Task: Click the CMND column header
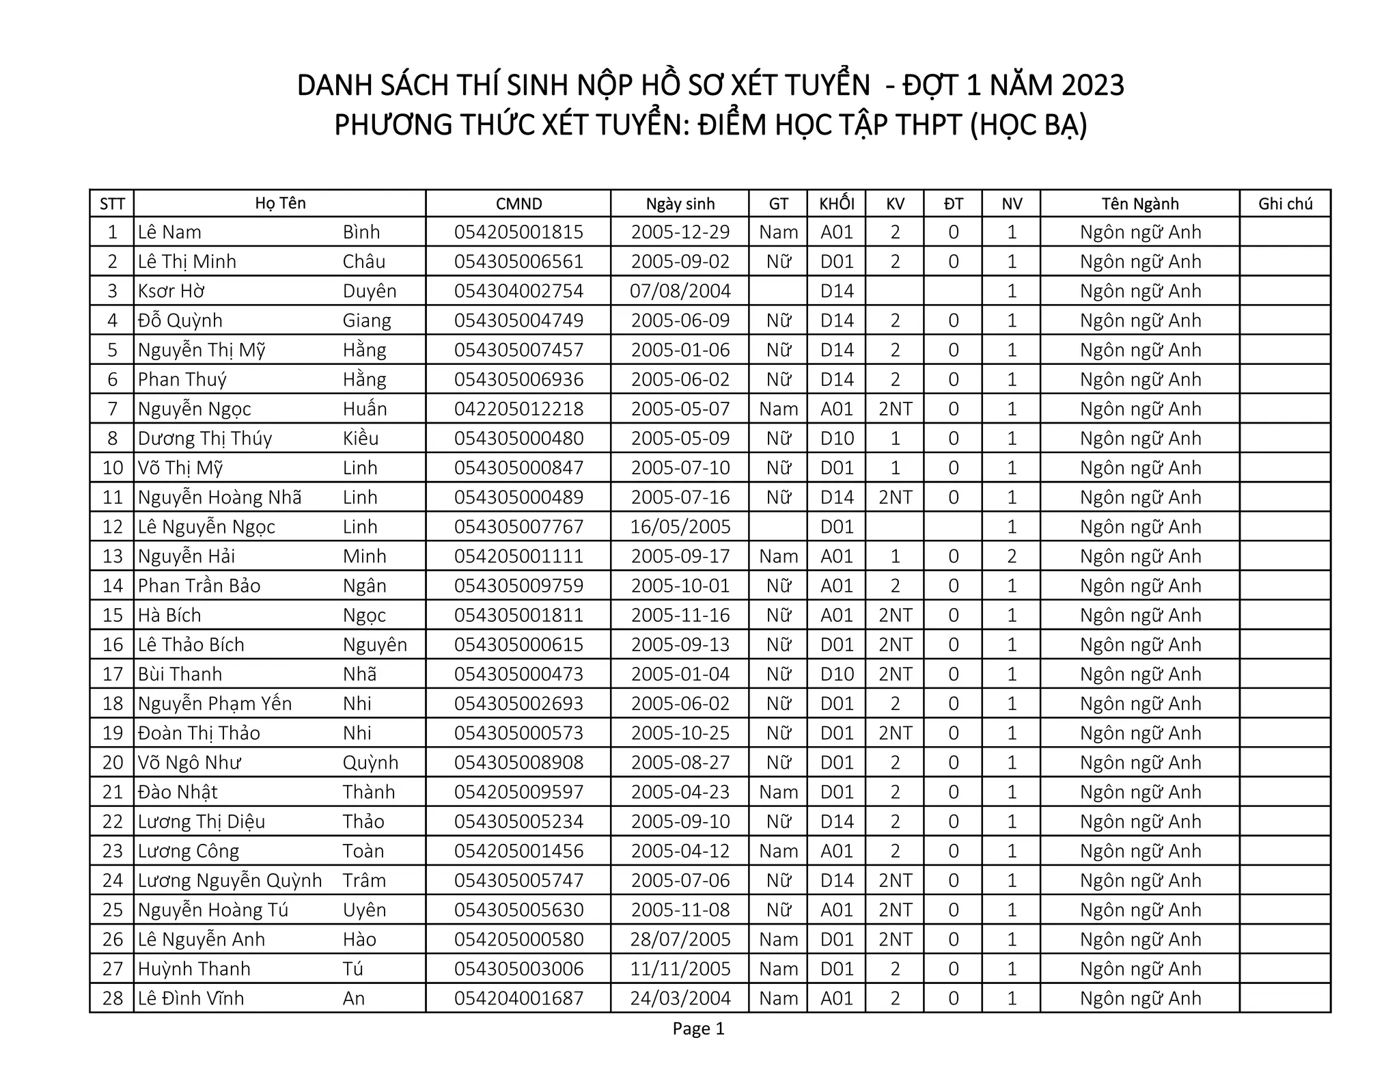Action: coord(518,204)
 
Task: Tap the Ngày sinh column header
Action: coord(680,204)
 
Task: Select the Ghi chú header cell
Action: coord(1285,204)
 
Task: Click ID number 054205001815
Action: coord(518,232)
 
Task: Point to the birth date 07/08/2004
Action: coord(680,291)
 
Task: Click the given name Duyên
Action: coord(370,291)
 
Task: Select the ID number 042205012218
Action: coord(518,409)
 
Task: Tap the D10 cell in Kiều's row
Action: coord(837,439)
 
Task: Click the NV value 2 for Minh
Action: coord(1012,556)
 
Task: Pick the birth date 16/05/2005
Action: coord(680,527)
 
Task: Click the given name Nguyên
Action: coord(375,645)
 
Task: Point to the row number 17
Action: coord(113,674)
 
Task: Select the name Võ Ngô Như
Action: coord(189,763)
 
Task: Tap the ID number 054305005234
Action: coord(518,821)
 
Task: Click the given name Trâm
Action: coord(364,881)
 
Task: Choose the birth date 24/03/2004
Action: coord(680,998)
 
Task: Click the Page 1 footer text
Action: coord(698,1028)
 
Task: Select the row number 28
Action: coord(113,998)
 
